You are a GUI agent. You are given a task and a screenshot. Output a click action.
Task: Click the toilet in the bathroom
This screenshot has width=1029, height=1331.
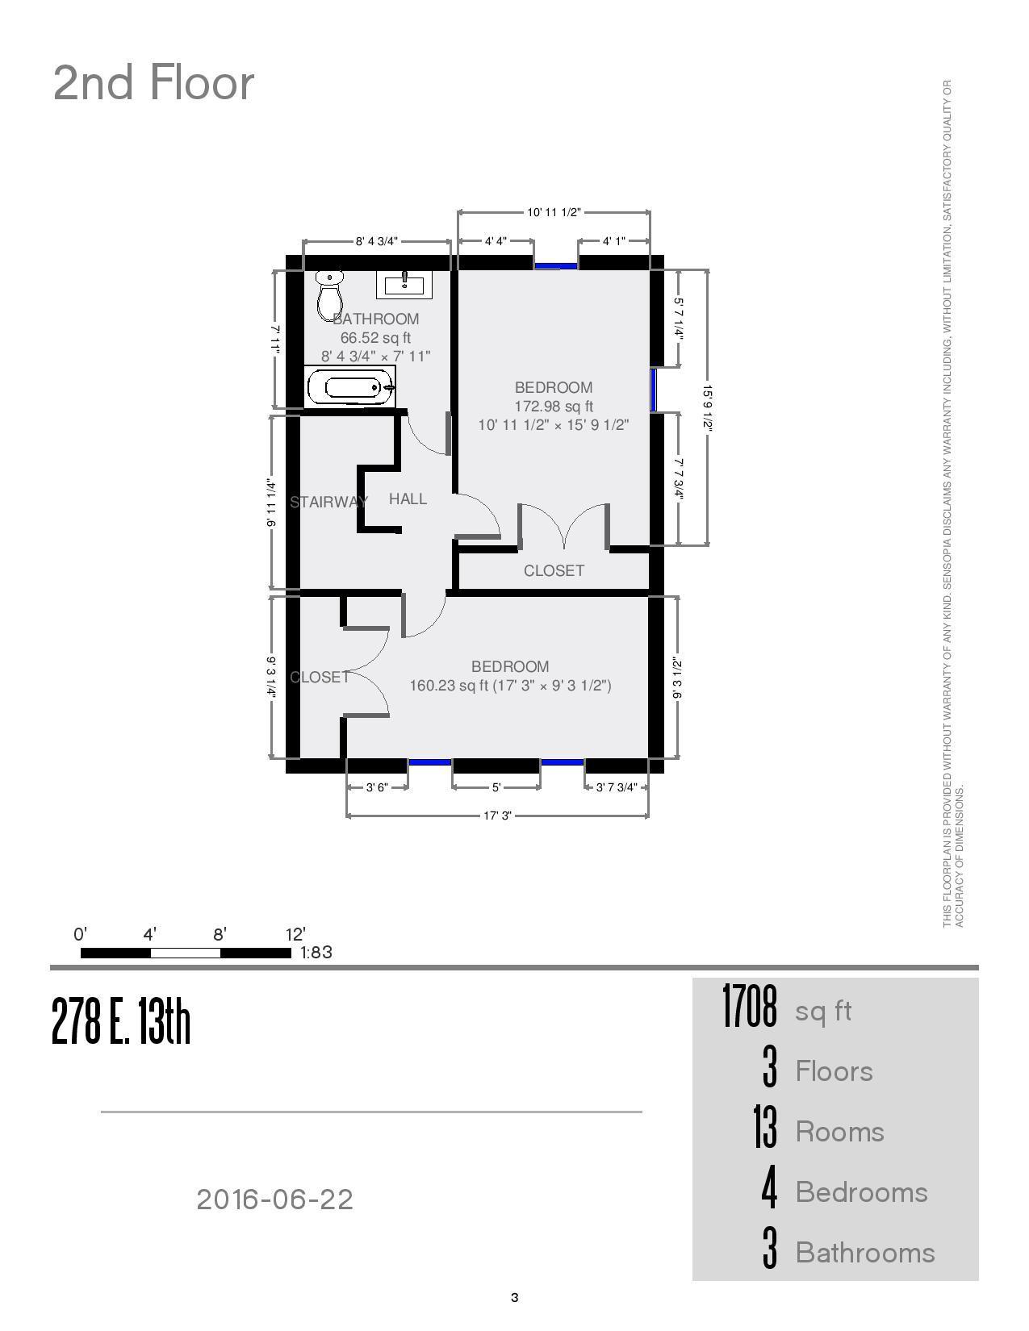pos(329,296)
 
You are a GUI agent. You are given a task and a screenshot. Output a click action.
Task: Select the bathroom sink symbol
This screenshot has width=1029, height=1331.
pos(404,284)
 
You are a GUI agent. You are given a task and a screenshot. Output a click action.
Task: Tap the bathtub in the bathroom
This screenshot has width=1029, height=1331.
pos(351,387)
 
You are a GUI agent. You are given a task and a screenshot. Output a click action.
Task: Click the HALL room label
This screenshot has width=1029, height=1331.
pos(408,499)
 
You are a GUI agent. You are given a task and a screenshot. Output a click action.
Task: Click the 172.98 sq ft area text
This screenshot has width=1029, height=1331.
pos(554,406)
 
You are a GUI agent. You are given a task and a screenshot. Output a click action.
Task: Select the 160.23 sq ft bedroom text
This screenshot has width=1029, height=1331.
pos(510,686)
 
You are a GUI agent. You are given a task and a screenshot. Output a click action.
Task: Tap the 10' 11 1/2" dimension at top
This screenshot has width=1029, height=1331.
pos(554,212)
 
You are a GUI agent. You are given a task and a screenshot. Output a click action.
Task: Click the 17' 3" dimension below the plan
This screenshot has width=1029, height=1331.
pos(498,816)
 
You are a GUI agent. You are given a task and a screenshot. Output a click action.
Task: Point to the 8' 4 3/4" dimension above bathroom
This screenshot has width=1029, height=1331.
pos(377,241)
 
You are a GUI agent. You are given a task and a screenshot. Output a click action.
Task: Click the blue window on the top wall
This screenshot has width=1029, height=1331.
pos(556,265)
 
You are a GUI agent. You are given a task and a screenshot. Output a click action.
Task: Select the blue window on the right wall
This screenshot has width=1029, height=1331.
pos(653,390)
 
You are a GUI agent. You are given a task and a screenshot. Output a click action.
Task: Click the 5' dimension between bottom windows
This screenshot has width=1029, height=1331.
pos(496,787)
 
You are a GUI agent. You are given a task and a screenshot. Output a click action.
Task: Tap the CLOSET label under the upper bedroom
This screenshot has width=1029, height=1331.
pos(554,570)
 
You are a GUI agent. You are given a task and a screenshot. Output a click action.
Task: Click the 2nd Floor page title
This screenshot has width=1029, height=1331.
pos(153,83)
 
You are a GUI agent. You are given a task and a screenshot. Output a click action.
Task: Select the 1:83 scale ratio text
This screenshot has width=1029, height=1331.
pos(316,952)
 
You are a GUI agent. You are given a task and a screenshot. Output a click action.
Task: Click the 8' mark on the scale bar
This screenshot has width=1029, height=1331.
pos(220,935)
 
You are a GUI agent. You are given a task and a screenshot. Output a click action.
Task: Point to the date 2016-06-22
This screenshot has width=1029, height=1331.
pos(274,1200)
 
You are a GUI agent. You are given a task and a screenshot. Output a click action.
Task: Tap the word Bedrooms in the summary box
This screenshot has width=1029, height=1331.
pos(861,1192)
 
